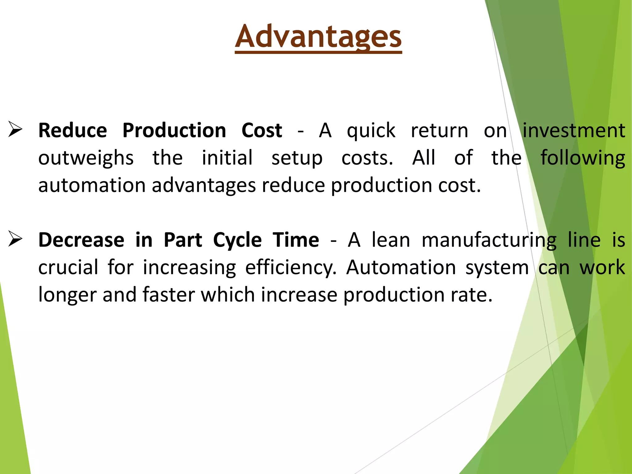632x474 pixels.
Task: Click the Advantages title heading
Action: point(318,37)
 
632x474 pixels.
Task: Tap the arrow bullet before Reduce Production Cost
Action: point(15,129)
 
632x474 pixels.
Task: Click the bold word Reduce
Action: point(73,130)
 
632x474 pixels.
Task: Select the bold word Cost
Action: point(262,130)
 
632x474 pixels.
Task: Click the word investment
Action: point(574,130)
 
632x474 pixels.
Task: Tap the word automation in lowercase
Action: point(92,185)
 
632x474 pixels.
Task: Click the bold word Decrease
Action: point(81,240)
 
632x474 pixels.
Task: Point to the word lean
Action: point(391,240)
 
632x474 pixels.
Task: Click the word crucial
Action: point(68,267)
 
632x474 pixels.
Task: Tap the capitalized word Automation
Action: point(401,267)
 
